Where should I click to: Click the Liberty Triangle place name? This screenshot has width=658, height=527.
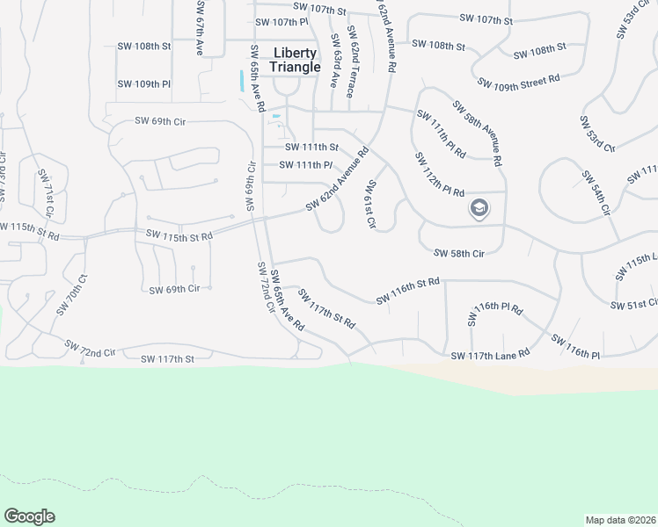point(295,60)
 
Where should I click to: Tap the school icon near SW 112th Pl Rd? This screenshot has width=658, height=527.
point(479,208)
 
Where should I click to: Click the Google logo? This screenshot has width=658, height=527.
point(29,516)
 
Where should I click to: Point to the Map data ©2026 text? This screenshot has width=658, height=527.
point(620,519)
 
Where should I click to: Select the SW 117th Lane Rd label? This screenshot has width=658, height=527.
point(490,354)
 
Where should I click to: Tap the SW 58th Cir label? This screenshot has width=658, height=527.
point(459,254)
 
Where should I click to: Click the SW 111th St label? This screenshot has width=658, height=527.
point(309,147)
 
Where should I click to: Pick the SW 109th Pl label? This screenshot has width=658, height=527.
point(143,84)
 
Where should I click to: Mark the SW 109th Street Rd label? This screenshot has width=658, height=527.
point(519,82)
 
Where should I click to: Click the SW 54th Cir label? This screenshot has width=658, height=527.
point(596,192)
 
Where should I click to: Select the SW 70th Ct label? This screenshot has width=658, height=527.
point(73,295)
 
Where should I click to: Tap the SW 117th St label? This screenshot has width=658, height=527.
point(167,358)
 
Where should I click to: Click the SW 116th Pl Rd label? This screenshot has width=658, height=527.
point(497,309)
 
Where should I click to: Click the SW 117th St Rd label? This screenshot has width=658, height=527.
point(326,308)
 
